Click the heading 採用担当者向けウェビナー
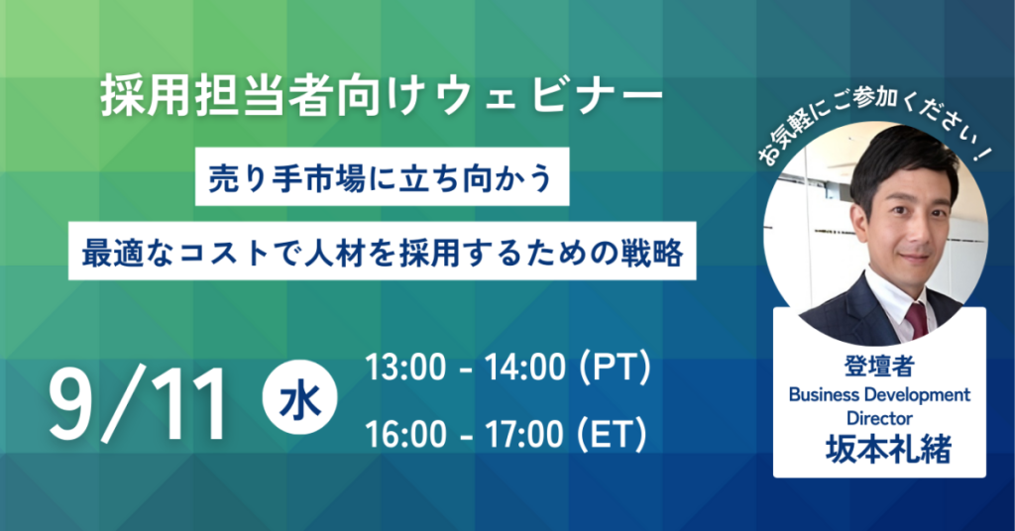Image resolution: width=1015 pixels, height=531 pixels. pos(382,98)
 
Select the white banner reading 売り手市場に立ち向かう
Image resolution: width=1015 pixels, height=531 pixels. pos(382,176)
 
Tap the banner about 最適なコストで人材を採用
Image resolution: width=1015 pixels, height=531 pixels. pos(382,251)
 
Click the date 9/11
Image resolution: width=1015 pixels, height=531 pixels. pos(138,404)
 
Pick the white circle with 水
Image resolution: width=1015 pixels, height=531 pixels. pos(299,397)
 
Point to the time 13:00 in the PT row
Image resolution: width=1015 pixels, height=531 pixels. pos(405,367)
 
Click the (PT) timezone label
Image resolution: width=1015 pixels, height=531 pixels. pos(614,367)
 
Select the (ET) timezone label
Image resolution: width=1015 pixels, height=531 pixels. pos(612,433)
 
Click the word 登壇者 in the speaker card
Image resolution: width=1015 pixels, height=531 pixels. pos(878,367)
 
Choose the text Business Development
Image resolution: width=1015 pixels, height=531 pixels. pos(879,394)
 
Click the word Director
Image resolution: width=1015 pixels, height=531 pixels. pos(879,418)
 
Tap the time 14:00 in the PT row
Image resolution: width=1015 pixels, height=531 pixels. pos(525,367)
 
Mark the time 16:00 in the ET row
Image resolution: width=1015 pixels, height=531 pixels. pos(405,433)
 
